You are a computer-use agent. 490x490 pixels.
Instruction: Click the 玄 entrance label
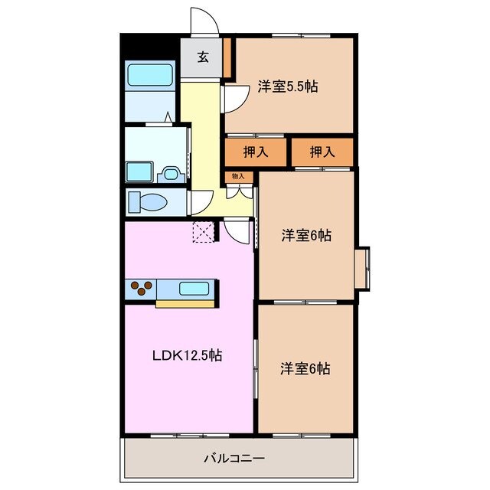point(203,57)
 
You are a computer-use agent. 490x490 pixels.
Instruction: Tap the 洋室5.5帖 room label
point(287,87)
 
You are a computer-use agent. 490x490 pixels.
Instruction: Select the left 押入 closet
point(256,152)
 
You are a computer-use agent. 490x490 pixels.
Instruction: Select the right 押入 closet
point(322,152)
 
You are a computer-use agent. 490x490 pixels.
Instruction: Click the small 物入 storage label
point(238,177)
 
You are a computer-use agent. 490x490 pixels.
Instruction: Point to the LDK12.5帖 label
point(186,356)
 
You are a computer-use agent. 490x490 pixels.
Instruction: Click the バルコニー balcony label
point(234,458)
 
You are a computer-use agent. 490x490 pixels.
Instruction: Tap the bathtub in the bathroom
point(150,75)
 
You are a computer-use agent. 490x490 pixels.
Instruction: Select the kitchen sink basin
point(194,289)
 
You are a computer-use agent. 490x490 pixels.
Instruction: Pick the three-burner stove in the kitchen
point(141,288)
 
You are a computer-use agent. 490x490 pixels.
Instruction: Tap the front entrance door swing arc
point(204,21)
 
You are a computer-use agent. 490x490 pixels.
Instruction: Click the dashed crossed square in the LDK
point(203,232)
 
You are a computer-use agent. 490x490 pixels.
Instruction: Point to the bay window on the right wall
point(363,269)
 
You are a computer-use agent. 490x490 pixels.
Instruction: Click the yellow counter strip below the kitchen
point(185,304)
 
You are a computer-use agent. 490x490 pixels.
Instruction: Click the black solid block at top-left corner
point(149,46)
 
